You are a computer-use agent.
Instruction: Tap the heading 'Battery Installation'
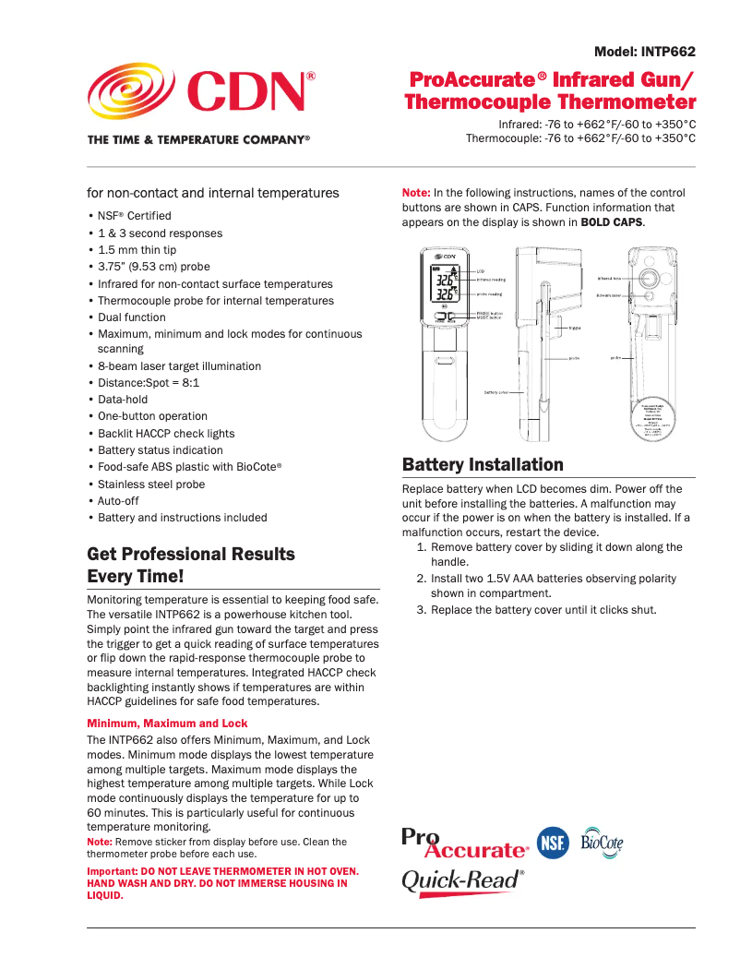pos(483,464)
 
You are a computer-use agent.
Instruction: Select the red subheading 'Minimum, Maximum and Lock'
pos(167,723)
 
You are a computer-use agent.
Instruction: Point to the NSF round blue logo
pos(554,842)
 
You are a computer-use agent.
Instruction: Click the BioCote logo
pos(602,842)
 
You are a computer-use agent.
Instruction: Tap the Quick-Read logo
pos(462,880)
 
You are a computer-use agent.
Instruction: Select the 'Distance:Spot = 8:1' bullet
pos(148,382)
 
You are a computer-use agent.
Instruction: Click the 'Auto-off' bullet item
pos(118,500)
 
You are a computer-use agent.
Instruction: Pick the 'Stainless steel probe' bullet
pos(151,484)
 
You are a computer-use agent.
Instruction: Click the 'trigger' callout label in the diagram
pos(575,327)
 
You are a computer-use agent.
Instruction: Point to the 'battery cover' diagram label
pos(496,391)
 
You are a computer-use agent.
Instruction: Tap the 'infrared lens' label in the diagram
pos(609,277)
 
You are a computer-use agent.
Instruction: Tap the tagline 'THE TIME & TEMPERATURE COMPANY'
pos(198,139)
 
